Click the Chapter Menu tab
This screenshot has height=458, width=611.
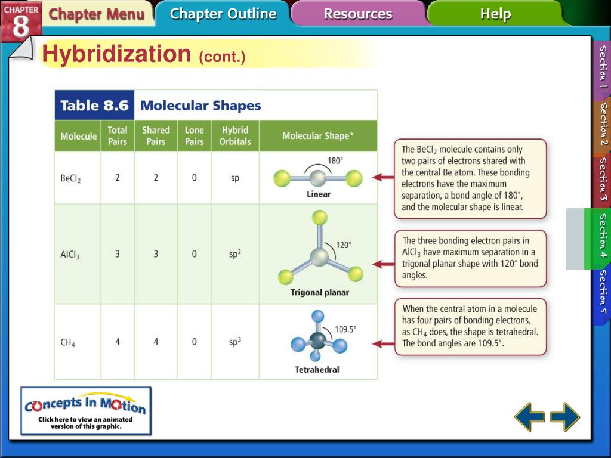tap(96, 14)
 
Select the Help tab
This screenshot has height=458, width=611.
tap(495, 14)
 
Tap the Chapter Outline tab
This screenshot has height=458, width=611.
tap(223, 14)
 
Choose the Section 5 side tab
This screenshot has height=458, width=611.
tap(603, 292)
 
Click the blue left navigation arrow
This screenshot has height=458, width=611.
tap(529, 416)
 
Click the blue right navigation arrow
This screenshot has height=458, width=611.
tap(564, 416)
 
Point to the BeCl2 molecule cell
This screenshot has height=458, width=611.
tap(71, 178)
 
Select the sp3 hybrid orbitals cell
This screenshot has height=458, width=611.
tap(235, 342)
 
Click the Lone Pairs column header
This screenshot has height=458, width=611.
tap(194, 136)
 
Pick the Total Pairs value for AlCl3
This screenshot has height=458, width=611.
tap(118, 254)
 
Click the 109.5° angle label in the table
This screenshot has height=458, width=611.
tap(345, 329)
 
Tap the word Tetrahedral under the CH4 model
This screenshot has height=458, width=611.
tap(317, 370)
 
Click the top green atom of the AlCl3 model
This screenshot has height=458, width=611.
tap(320, 217)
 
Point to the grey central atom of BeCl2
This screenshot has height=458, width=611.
tap(318, 178)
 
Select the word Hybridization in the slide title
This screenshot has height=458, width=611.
tap(116, 54)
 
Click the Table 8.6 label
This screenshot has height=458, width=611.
tap(94, 106)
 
